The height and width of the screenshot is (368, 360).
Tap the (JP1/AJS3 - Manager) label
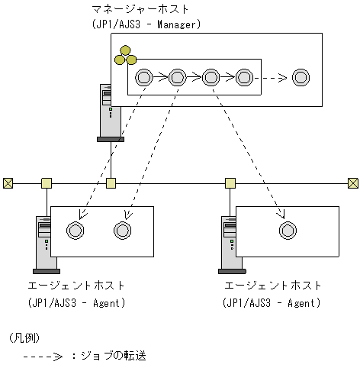pos(145,25)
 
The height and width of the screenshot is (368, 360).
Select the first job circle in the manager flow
pos(143,77)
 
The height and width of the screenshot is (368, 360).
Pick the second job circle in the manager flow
pos(177,77)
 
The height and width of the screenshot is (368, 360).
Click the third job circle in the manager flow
pos(211,77)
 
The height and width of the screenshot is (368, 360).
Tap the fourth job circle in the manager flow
pos(244,77)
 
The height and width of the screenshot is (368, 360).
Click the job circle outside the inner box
pos(301,77)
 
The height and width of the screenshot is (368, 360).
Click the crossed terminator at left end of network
pos(8,182)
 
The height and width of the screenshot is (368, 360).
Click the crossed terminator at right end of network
pos(352,182)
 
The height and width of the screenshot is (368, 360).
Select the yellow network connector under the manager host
pos(111,182)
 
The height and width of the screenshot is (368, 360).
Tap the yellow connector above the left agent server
pos(47,182)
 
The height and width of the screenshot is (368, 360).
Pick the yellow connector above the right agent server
pos(230,182)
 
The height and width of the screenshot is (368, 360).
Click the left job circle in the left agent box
pos(75,231)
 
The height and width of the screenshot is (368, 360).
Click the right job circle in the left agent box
pos(123,231)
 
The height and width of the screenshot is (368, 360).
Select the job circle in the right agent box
pos(287,231)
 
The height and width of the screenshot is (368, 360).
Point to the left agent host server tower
pos(44,244)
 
